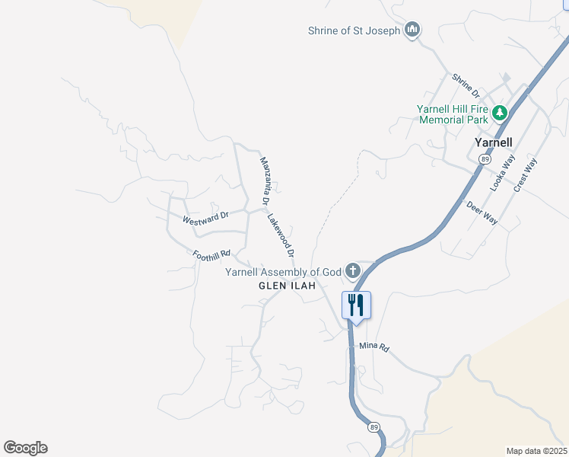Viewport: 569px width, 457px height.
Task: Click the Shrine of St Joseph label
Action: click(x=354, y=30)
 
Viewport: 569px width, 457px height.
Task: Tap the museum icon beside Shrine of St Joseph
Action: click(x=412, y=30)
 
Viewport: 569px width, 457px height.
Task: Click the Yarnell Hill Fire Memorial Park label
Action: click(x=452, y=114)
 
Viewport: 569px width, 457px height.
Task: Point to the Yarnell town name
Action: click(x=493, y=142)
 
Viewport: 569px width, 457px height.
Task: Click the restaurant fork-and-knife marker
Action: click(x=356, y=305)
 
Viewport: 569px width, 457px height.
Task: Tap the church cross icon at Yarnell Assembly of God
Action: click(x=352, y=270)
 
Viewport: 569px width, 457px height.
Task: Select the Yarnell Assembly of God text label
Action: click(x=283, y=272)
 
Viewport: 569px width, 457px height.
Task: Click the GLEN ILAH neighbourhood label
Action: click(x=287, y=286)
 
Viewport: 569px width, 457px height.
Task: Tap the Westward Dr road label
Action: click(x=205, y=219)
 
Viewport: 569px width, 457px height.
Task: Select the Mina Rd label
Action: click(x=374, y=347)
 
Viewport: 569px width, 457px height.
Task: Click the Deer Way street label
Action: click(x=482, y=213)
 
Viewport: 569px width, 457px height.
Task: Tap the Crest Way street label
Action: click(x=525, y=174)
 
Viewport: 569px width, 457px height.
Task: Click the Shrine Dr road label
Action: click(x=466, y=85)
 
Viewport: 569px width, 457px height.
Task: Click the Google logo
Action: click(x=26, y=448)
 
